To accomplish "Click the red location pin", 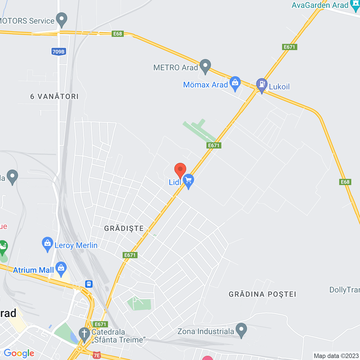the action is (x=180, y=170).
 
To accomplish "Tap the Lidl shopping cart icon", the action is (x=188, y=180).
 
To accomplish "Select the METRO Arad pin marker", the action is (x=205, y=66).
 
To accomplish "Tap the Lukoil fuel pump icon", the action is (x=262, y=85).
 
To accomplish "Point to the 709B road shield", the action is (x=58, y=51).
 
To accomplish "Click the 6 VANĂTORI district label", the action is (x=55, y=96).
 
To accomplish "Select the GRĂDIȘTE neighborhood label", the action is (x=124, y=228).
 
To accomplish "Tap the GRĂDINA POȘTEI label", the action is (x=262, y=294).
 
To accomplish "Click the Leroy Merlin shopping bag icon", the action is (x=48, y=244).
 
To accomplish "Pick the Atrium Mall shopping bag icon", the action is (x=61, y=268).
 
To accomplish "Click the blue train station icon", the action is (x=89, y=284).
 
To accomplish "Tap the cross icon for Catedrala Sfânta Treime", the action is (x=84, y=334).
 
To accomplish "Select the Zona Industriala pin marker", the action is (x=241, y=330).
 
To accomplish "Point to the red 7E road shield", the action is (x=97, y=355).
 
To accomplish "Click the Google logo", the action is (x=19, y=354).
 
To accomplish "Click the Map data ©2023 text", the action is (x=336, y=356).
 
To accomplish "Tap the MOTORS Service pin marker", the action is (x=62, y=19).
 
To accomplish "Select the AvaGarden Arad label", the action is (x=320, y=5).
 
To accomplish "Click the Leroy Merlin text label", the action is (x=76, y=246).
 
